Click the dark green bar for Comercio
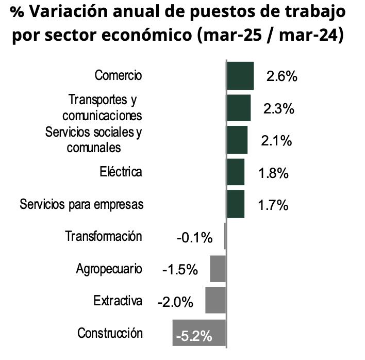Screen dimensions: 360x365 [240, 76]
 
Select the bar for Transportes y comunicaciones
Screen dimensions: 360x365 [239, 108]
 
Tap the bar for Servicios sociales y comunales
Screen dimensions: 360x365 [237, 140]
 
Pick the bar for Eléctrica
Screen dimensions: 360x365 [236, 172]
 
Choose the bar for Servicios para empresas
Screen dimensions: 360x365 [236, 204]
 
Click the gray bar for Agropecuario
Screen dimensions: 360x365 [218, 268]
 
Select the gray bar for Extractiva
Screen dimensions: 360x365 [215, 300]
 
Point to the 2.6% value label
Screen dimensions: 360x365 [282, 77]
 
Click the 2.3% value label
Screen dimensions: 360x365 [278, 109]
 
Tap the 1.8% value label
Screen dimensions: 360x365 [273, 173]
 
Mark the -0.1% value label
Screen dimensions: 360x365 [194, 238]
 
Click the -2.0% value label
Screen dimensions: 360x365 [175, 302]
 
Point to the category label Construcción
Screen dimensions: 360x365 [110, 333]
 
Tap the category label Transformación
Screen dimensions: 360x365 [103, 237]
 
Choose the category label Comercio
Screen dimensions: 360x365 [118, 76]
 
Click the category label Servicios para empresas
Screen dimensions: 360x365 [81, 204]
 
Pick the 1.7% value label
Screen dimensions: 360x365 [273, 205]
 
